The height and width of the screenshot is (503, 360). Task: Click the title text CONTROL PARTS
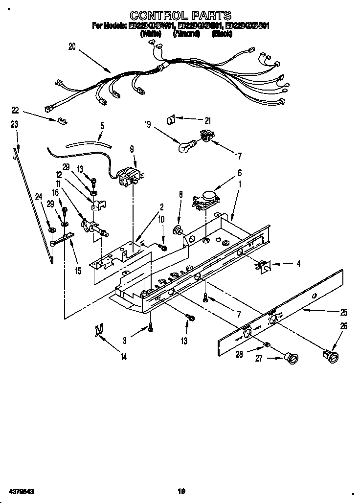(x=180, y=16)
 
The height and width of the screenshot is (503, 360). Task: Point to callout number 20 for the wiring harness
(x=72, y=47)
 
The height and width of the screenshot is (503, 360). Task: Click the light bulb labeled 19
(x=186, y=145)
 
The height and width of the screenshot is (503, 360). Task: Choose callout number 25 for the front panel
(x=344, y=312)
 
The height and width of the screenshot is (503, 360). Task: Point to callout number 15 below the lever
(x=78, y=270)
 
